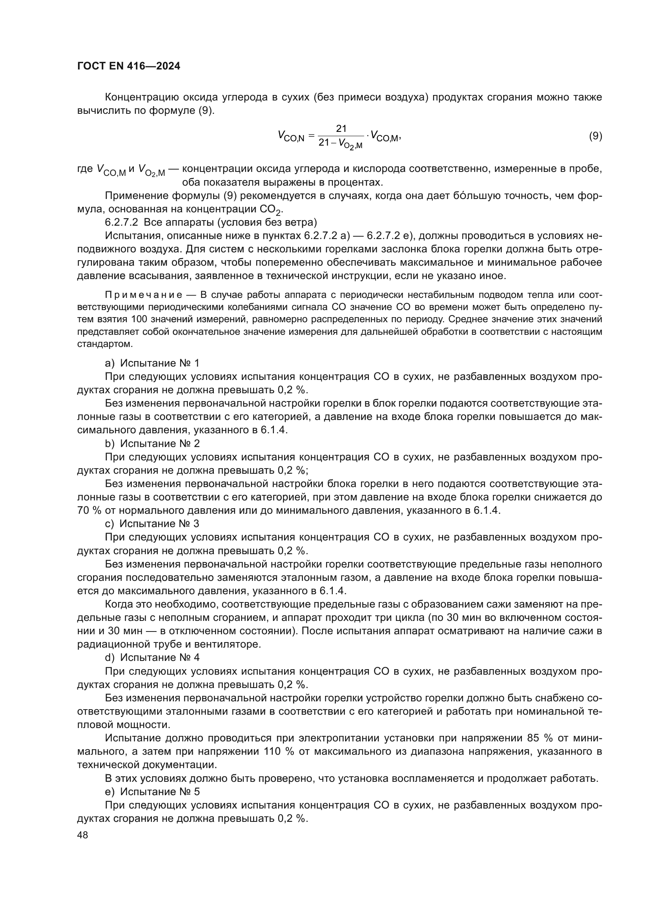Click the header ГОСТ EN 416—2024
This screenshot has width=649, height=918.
pyautogui.click(x=128, y=66)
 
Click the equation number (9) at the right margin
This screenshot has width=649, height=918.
pyautogui.click(x=595, y=136)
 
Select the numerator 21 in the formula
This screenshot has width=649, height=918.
pyautogui.click(x=341, y=128)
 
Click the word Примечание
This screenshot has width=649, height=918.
pyautogui.click(x=144, y=295)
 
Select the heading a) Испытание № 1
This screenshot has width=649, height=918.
pyautogui.click(x=152, y=363)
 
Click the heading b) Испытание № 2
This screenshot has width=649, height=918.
pyautogui.click(x=152, y=443)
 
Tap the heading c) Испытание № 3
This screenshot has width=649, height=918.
pyautogui.click(x=152, y=524)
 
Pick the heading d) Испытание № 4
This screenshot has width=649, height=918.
pyautogui.click(x=152, y=657)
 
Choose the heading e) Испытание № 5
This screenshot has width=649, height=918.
pyautogui.click(x=152, y=792)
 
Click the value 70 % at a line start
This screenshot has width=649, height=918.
pyautogui.click(x=88, y=511)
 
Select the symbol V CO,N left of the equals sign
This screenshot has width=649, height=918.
pyautogui.click(x=290, y=137)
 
